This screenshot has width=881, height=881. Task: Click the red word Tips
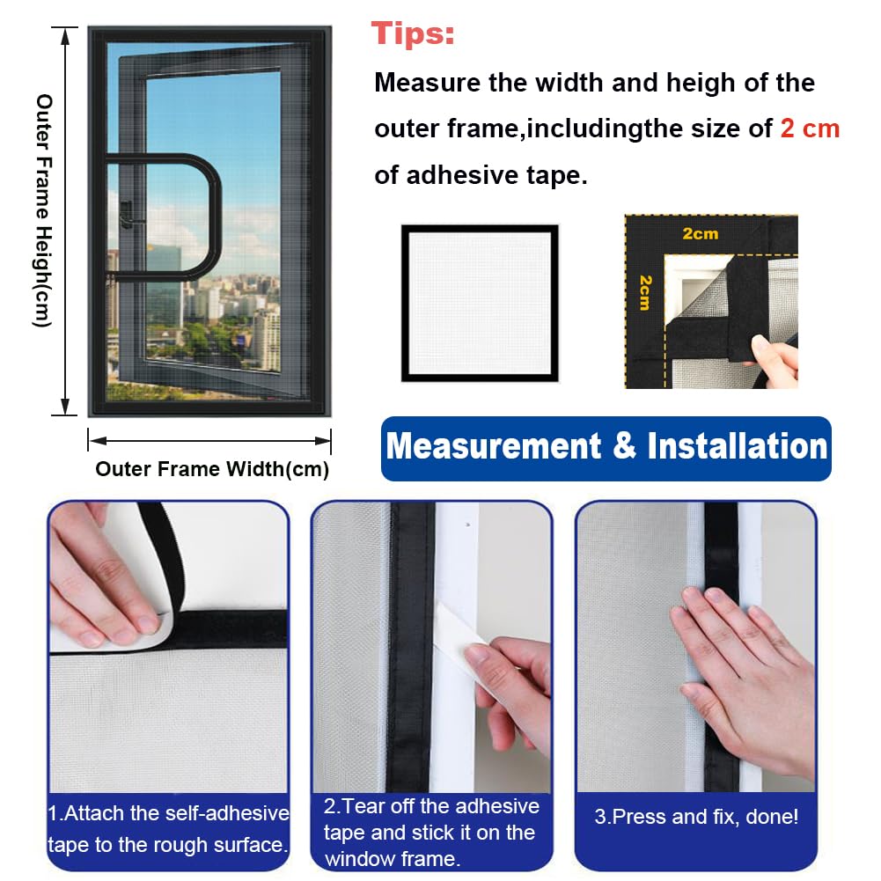click(413, 33)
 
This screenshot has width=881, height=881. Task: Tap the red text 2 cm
click(810, 128)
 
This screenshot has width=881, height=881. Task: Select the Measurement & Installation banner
click(606, 448)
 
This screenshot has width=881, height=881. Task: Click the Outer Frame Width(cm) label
click(212, 469)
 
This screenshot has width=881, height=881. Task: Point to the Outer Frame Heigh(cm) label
click(44, 210)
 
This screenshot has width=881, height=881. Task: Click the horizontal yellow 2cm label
click(700, 233)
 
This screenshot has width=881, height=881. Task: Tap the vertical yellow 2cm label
click(646, 292)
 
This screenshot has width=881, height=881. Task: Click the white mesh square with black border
click(480, 304)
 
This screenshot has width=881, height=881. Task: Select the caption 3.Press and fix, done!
click(696, 817)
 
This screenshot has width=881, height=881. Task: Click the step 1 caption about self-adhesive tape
click(168, 829)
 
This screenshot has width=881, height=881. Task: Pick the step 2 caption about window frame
click(431, 832)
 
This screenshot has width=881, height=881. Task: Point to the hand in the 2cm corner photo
click(775, 360)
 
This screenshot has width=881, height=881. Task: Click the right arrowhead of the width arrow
click(323, 440)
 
